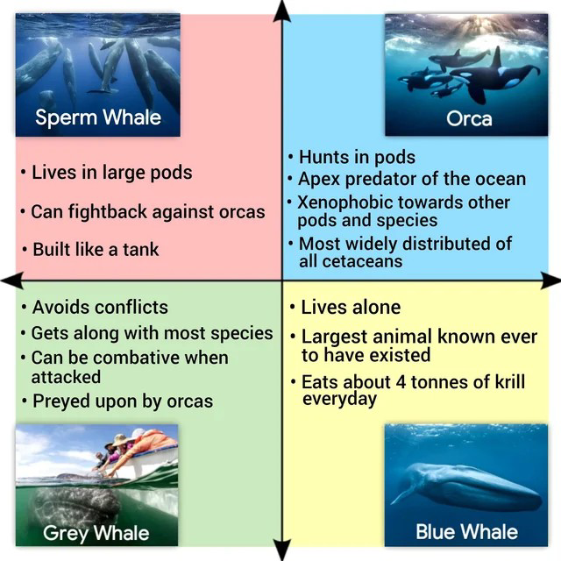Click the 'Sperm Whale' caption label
[97, 117]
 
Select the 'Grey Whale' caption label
[96, 532]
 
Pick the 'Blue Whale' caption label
[466, 531]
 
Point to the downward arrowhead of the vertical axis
[281, 551]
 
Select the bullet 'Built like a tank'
[96, 250]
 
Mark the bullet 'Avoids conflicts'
[99, 307]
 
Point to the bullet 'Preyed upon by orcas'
[122, 401]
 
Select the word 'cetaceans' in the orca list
[362, 261]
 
